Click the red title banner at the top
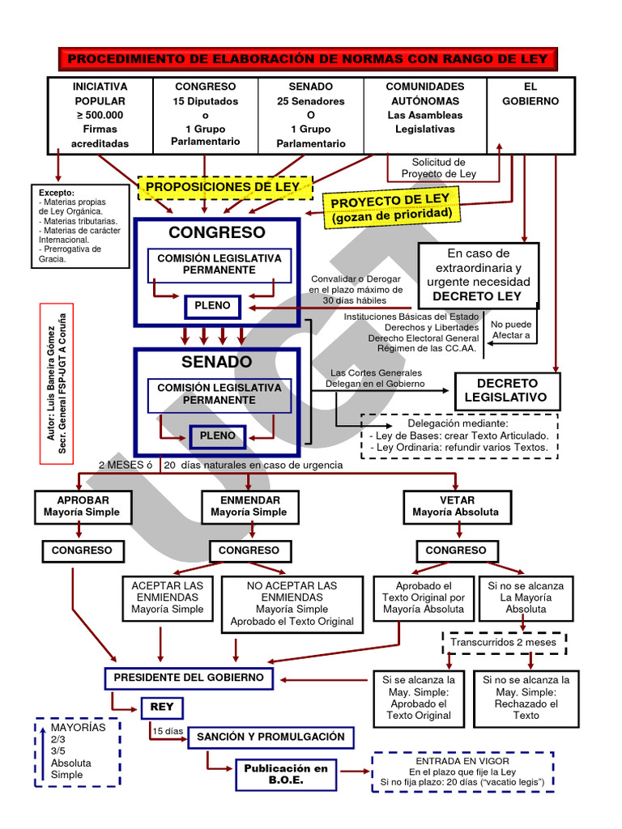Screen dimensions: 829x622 (308, 59)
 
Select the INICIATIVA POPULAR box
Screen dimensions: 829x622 (100, 115)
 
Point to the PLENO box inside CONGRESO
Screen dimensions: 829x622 (211, 306)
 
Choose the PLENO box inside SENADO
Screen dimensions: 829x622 (218, 436)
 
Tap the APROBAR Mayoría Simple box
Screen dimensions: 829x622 (82, 506)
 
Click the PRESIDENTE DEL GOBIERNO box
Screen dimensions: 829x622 (189, 677)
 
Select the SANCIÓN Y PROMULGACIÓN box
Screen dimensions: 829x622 (271, 737)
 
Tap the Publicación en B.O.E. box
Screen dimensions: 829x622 (286, 774)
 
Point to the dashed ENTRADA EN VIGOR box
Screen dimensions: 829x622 (462, 772)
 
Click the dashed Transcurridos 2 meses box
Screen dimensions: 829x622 (504, 642)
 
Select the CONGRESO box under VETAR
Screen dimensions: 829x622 (456, 551)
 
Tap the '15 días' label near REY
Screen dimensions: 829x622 (168, 731)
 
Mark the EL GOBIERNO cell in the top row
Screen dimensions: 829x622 (530, 115)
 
